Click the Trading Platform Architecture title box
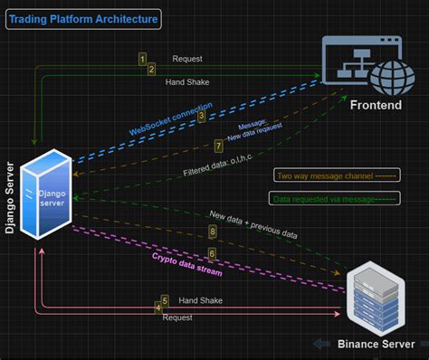[x=84, y=18]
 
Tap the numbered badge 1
[x=142, y=58]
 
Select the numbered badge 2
[x=152, y=68]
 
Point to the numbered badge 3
[x=201, y=116]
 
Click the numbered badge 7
[x=218, y=146]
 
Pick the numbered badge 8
[x=213, y=232]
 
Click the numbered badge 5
[x=165, y=300]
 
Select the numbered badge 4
[x=158, y=308]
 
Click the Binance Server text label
[x=375, y=344]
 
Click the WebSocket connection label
[x=170, y=119]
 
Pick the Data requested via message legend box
[x=320, y=198]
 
